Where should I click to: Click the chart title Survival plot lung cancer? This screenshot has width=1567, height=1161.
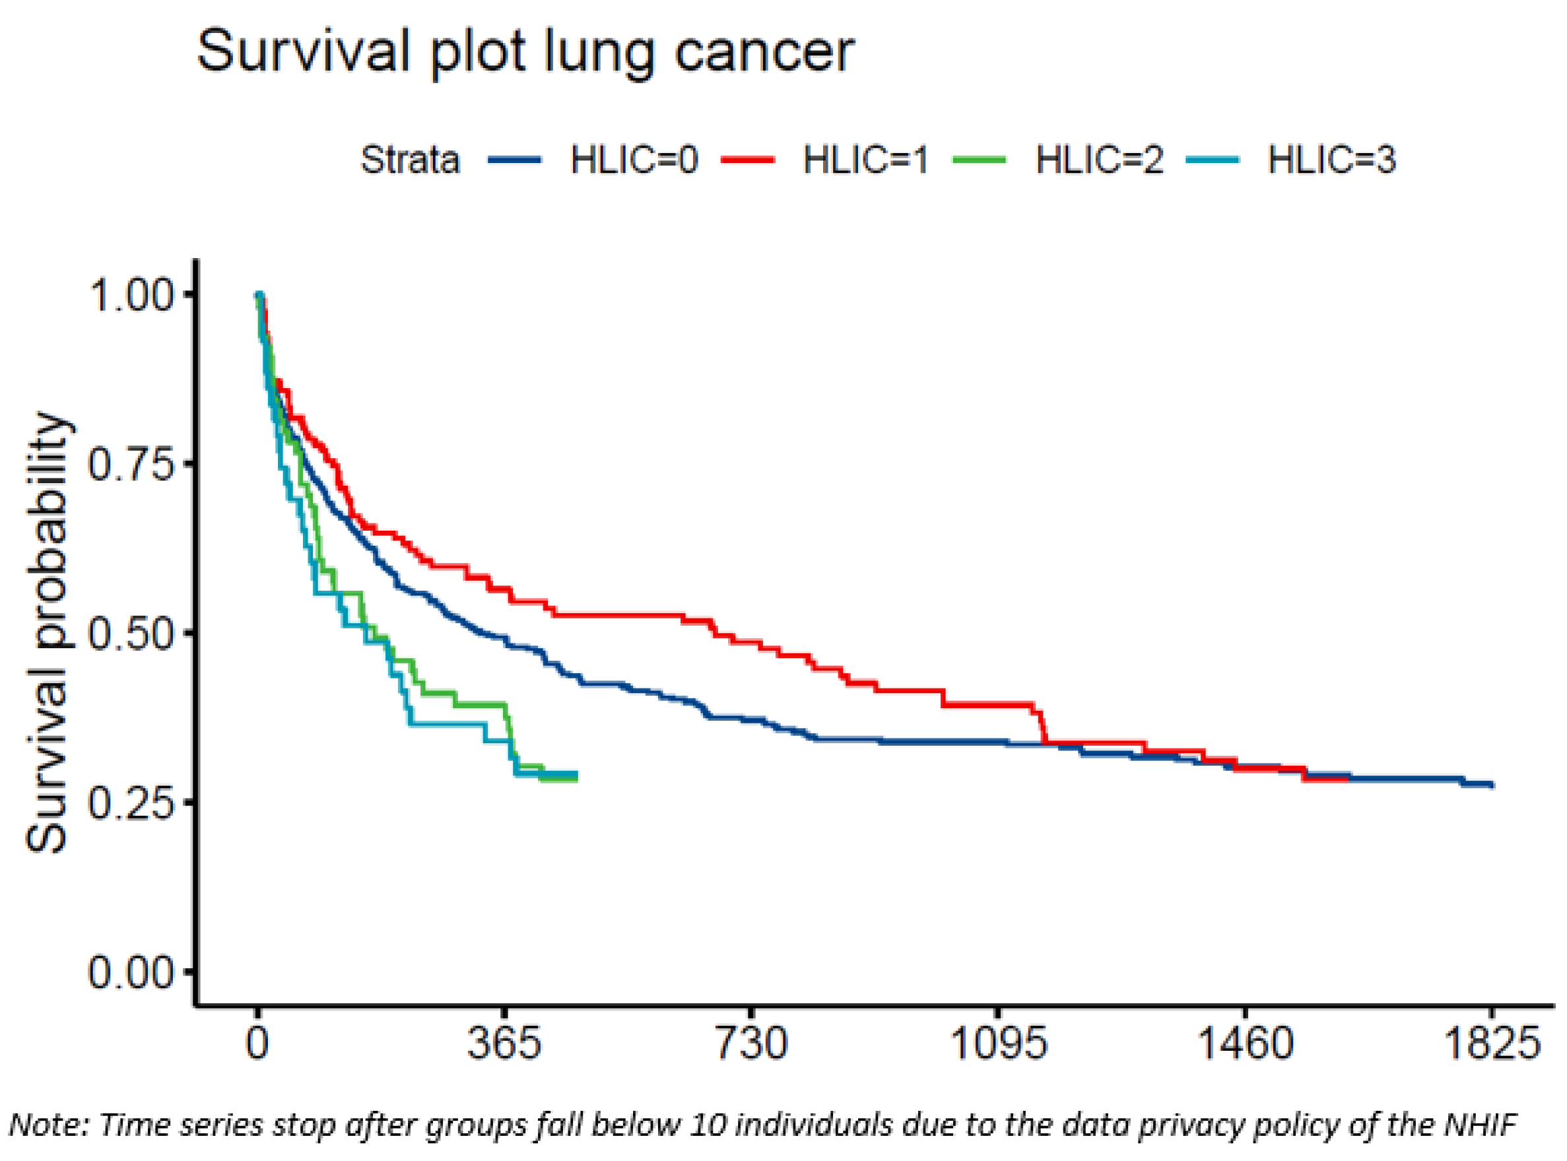pos(525,53)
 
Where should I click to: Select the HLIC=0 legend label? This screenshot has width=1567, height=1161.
pos(634,160)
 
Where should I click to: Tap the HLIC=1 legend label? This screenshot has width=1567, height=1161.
pos(866,160)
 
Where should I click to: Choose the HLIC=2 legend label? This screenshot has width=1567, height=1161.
pos(1099,160)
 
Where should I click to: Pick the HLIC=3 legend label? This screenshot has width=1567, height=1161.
pos(1331,160)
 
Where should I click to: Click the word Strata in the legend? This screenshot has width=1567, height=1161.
pos(410,160)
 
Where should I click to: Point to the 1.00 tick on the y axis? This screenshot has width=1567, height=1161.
pos(131,295)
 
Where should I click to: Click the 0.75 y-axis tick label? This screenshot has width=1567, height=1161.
pos(131,465)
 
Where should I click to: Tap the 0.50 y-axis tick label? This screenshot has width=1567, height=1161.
pos(131,634)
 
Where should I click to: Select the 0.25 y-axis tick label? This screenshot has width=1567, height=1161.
pos(131,803)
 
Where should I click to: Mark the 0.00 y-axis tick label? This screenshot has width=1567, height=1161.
pos(131,974)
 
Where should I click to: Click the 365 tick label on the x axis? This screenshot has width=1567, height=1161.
pos(504,1044)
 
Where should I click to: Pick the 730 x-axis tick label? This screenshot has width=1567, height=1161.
pos(751,1044)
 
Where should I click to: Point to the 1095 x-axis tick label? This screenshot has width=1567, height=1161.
pos(998,1044)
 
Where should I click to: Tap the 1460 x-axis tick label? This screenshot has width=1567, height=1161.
pos(1244,1044)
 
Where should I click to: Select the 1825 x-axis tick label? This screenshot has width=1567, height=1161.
pos(1491,1044)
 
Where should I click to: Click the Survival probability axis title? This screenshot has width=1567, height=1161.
pos(47,632)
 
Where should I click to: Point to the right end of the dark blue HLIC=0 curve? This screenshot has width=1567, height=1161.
pos(1492,785)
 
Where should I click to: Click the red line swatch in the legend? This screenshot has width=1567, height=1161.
pos(748,160)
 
